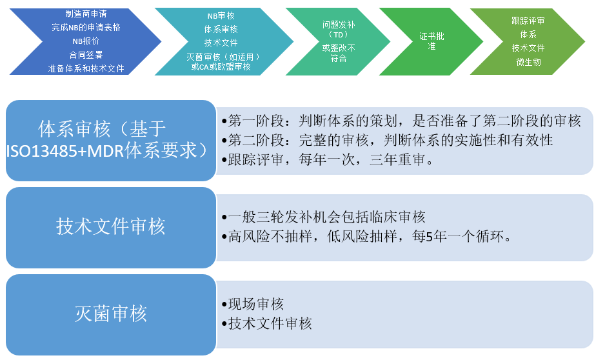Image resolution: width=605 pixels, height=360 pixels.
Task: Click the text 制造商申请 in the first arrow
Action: coord(86,14)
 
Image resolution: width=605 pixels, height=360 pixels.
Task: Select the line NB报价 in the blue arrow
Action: coord(86,41)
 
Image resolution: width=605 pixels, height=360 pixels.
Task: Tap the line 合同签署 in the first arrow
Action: coord(86,55)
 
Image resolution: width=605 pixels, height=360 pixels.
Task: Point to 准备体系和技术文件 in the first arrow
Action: coord(86,68)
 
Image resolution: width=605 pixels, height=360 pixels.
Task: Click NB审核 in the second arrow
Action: coord(221,16)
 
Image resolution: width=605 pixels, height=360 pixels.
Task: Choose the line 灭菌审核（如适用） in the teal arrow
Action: coord(223,57)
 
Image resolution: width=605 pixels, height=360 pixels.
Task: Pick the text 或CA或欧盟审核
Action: coord(221,66)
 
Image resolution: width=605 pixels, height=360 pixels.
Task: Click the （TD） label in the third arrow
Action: coord(339,34)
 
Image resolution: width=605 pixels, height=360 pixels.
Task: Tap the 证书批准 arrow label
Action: coord(431,41)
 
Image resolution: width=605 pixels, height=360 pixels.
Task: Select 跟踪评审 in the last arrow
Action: coord(528,21)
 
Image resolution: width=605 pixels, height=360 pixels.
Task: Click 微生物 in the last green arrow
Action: coord(528,62)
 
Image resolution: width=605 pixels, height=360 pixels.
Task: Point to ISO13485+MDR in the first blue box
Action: coord(64,151)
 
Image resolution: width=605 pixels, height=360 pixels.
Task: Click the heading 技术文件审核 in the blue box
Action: coord(111,226)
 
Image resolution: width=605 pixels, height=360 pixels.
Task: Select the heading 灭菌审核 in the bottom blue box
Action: coord(111,314)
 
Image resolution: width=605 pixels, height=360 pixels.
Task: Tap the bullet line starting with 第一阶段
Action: coord(401,121)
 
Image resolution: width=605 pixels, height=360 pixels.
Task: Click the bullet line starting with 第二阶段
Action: coord(387,140)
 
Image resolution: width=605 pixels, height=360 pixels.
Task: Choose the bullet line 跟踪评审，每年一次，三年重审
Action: coord(327,159)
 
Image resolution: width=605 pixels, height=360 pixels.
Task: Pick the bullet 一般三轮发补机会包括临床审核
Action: coord(323,217)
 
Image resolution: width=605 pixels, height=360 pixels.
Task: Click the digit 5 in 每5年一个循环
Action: coord(429,236)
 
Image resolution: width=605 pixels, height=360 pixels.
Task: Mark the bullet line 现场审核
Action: coord(253,304)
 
